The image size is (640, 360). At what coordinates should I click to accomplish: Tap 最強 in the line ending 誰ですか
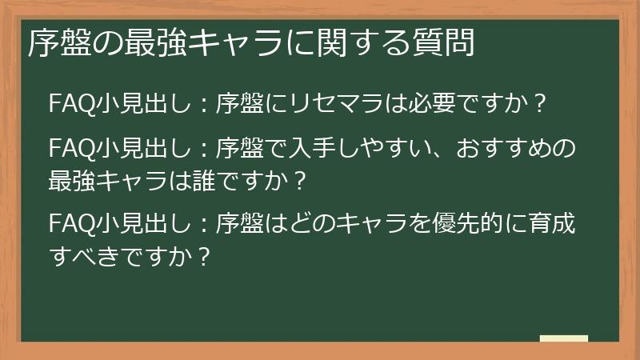point(73,180)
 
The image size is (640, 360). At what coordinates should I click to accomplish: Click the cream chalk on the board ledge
point(564,338)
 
